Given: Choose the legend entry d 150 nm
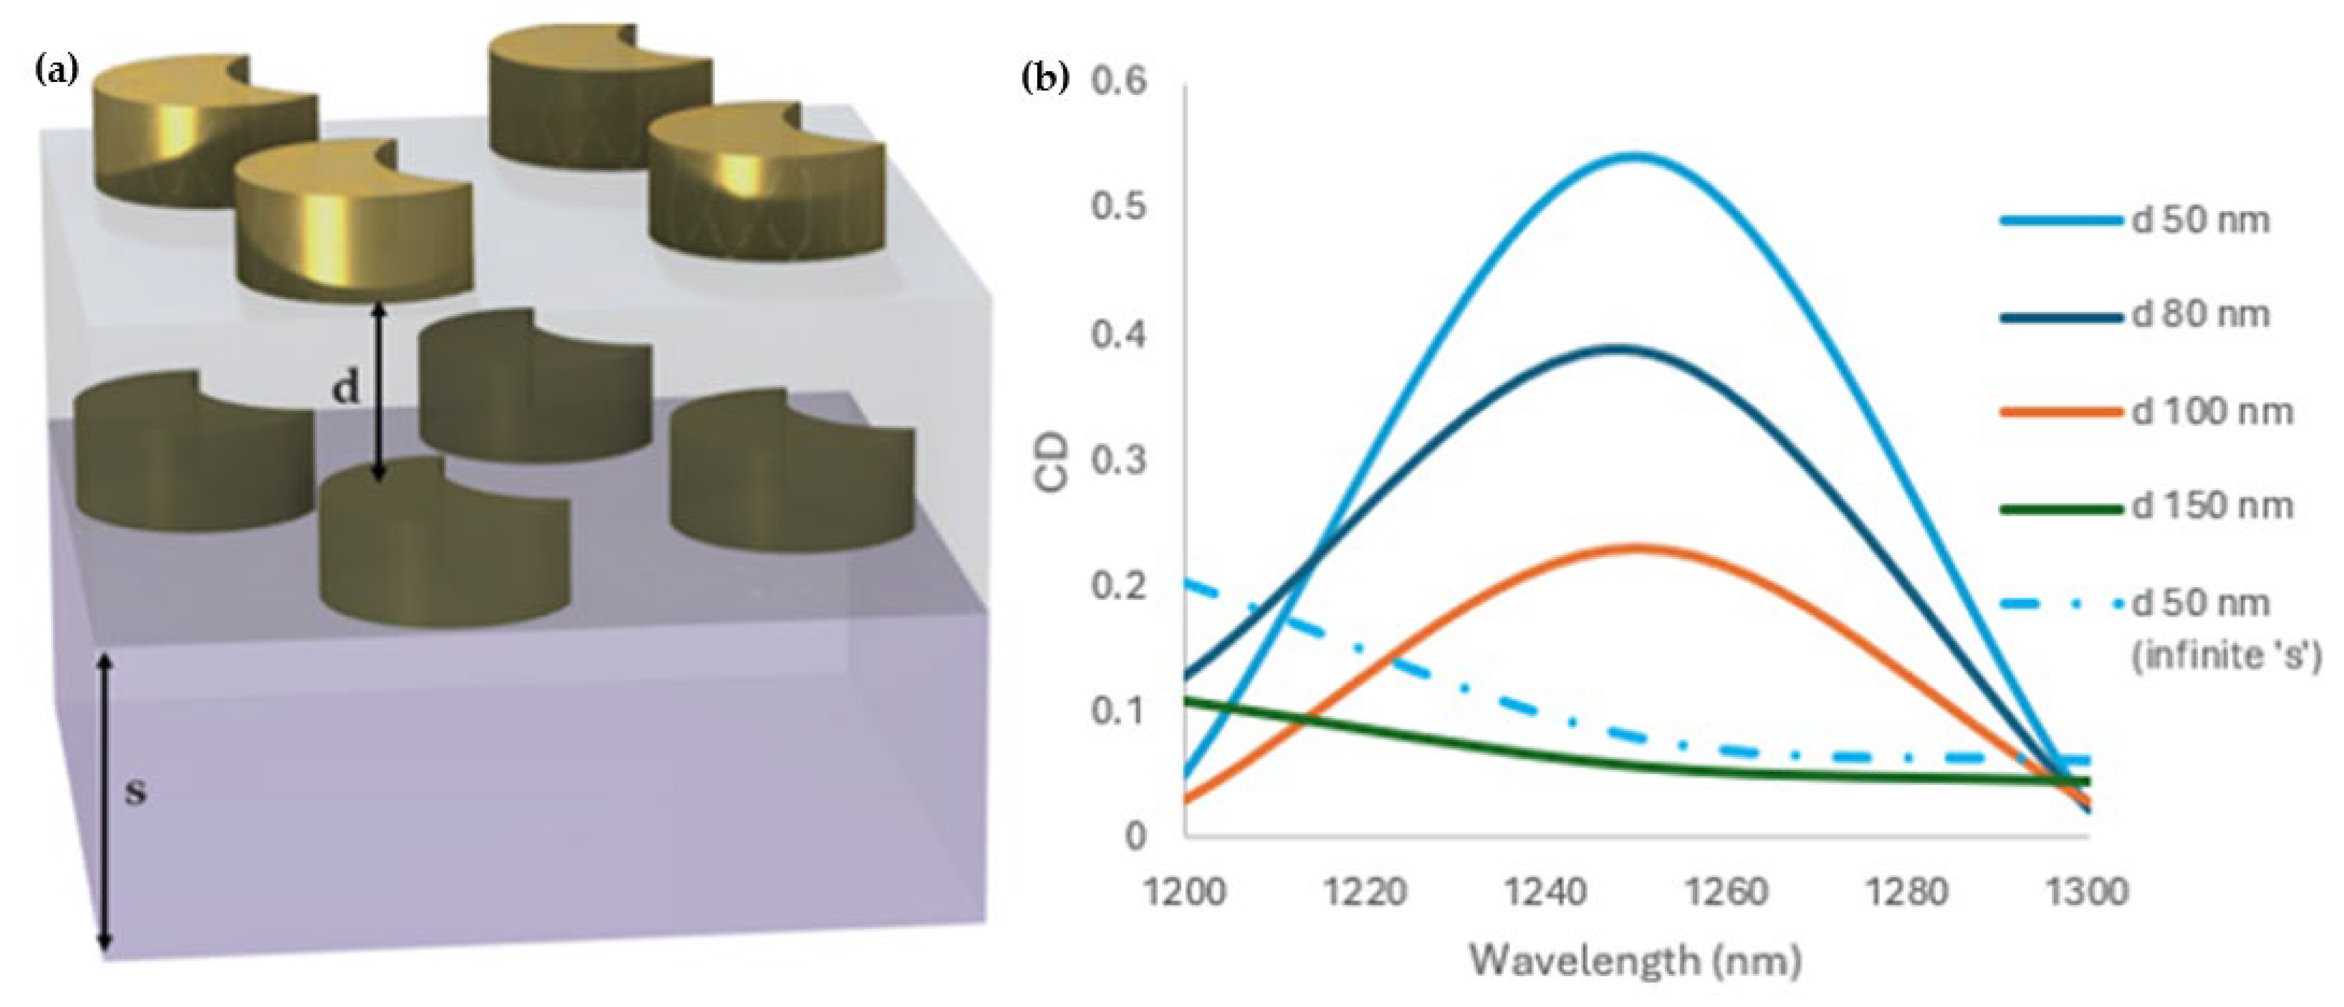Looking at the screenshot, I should (x=2211, y=506).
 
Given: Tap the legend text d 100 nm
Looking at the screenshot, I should (x=2211, y=412).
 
